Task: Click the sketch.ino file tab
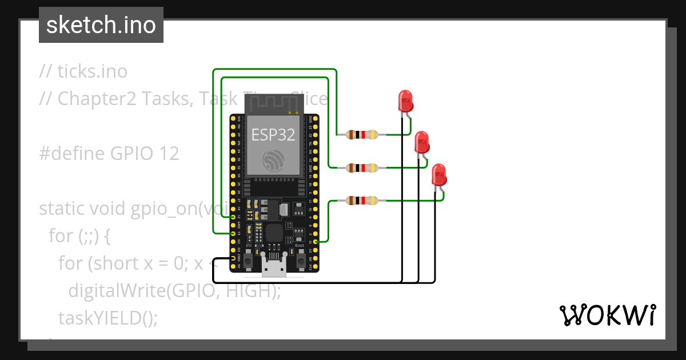[101, 26]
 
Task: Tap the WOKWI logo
[607, 315]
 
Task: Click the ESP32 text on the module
[273, 134]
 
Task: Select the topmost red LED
[405, 101]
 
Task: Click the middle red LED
[422, 142]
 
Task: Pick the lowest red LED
[438, 174]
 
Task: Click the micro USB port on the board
[273, 267]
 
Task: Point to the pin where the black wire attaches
[233, 258]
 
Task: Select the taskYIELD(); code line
[107, 317]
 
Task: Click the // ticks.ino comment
[83, 71]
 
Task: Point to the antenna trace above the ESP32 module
[273, 103]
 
